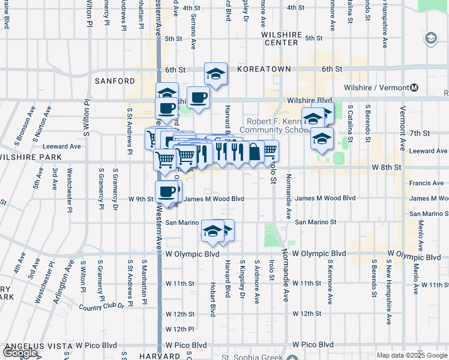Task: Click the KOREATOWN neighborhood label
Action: [264, 70]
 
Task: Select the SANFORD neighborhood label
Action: [115, 81]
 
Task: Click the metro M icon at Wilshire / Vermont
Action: [414, 88]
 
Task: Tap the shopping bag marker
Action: [255, 152]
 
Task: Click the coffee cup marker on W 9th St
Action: [166, 192]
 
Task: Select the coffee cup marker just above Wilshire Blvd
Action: [198, 97]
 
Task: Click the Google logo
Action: [20, 353]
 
